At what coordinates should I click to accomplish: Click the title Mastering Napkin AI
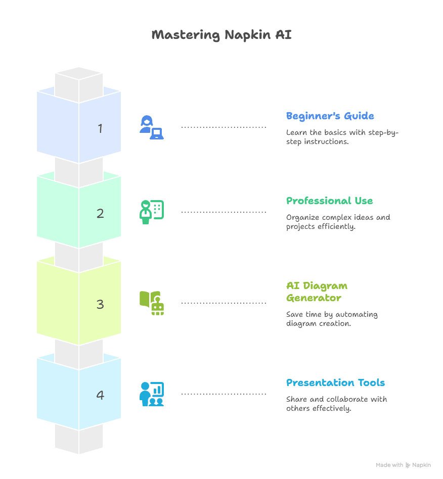click(x=221, y=35)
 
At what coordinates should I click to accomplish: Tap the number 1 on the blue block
click(x=100, y=128)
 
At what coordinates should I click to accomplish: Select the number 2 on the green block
click(x=100, y=213)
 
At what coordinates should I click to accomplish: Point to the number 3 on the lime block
click(x=100, y=304)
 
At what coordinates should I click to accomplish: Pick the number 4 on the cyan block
click(x=100, y=395)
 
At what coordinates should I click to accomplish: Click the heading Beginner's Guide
click(x=330, y=116)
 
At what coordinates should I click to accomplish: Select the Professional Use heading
click(x=329, y=201)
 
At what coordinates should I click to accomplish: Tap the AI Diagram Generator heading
click(x=317, y=292)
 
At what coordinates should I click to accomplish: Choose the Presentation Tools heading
click(x=335, y=383)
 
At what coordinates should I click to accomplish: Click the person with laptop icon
click(x=152, y=127)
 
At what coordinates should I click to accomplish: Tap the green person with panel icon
click(x=152, y=212)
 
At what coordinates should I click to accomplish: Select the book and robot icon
click(x=152, y=303)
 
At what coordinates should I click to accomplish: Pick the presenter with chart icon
click(x=152, y=394)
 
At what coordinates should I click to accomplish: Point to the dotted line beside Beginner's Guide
click(x=224, y=127)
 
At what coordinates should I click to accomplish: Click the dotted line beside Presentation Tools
click(x=224, y=394)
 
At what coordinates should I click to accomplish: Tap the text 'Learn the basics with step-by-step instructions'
click(x=342, y=137)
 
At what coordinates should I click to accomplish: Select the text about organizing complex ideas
click(x=338, y=222)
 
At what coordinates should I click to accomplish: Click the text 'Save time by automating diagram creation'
click(x=332, y=319)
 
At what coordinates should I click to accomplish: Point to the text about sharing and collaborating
click(x=336, y=404)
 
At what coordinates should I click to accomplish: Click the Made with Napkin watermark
click(x=403, y=465)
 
